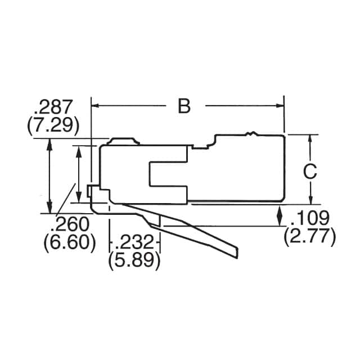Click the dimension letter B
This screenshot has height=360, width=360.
(x=184, y=106)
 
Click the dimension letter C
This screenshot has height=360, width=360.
(x=309, y=172)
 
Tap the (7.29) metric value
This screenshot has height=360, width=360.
(x=53, y=125)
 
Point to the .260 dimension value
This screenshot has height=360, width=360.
(x=70, y=224)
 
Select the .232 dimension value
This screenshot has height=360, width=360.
(x=134, y=242)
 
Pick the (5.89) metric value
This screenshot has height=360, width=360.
(x=134, y=260)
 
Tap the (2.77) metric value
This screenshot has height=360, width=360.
(x=309, y=237)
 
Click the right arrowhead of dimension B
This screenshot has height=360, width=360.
(x=279, y=105)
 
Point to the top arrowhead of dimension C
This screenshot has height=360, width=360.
(x=310, y=138)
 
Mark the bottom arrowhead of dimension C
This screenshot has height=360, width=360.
(x=310, y=200)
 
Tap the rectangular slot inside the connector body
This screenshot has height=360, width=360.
(x=168, y=174)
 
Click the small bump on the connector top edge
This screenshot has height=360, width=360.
(x=251, y=134)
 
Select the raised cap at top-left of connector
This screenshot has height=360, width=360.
(x=124, y=141)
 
